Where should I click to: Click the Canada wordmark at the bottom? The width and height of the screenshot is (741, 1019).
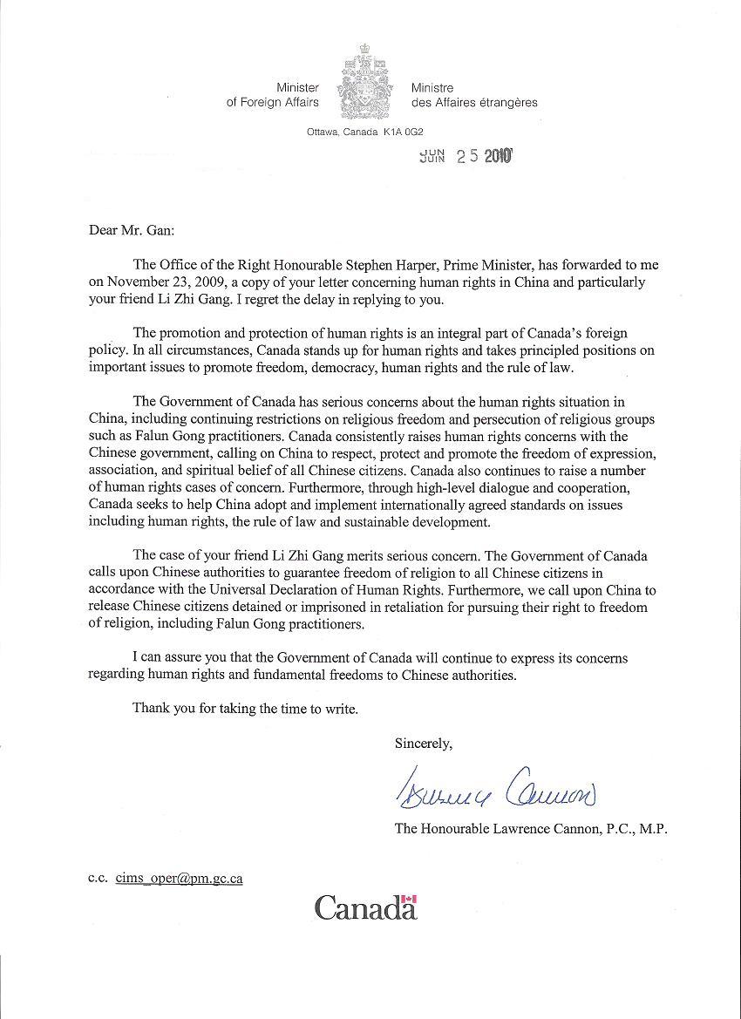pos(365,907)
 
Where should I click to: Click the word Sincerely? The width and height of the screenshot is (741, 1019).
pos(424,744)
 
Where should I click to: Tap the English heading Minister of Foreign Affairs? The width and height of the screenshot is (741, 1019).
pos(273,95)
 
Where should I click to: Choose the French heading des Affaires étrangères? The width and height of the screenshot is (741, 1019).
pos(474,102)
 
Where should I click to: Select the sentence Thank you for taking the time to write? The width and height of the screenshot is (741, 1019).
pos(245,709)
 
